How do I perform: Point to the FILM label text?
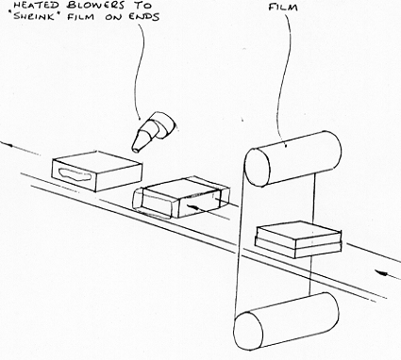[x=283, y=7]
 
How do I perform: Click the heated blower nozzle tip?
[x=136, y=150]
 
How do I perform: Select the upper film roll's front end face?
[x=258, y=168]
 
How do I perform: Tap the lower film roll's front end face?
[x=248, y=331]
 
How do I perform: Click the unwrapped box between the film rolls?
[x=298, y=239]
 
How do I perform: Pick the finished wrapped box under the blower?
[x=97, y=172]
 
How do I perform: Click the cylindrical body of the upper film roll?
[x=299, y=158]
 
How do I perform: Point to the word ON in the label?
[x=113, y=17]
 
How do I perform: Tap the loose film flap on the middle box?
[x=153, y=204]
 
